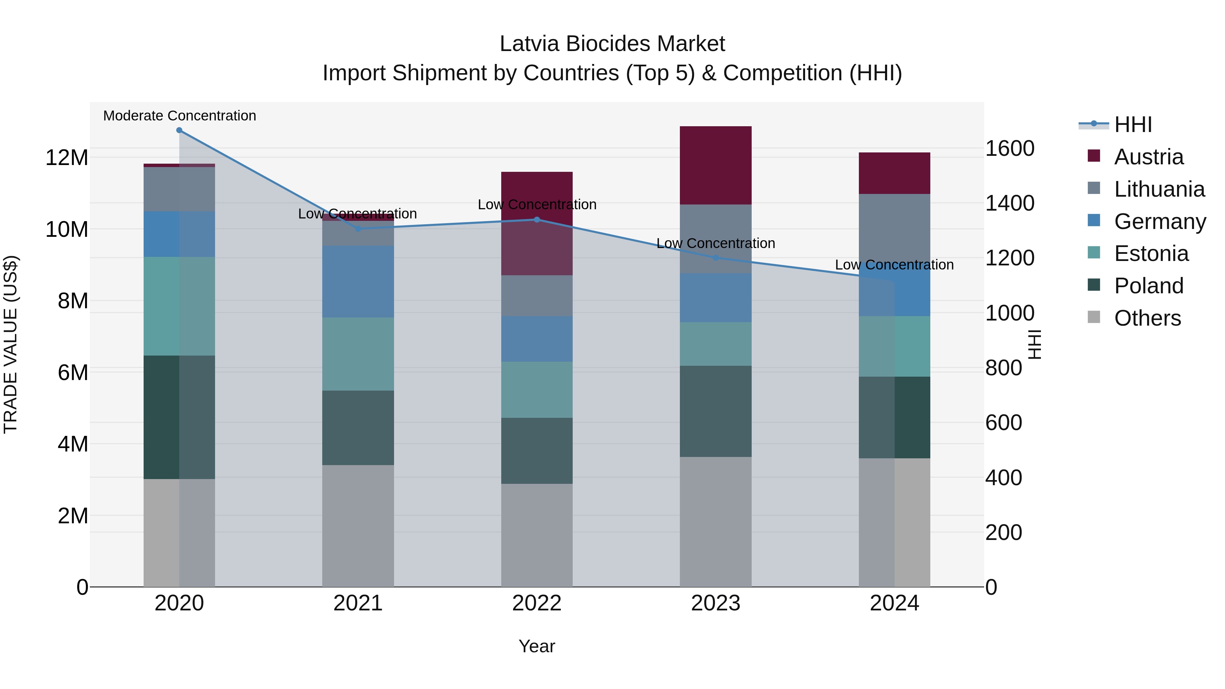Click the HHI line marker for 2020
coord(179,130)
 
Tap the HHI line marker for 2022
coord(537,220)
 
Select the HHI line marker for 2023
coord(716,258)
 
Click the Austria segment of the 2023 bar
coord(716,165)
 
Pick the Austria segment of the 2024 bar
coord(895,173)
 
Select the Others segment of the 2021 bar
coord(358,525)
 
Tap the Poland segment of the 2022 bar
coord(537,451)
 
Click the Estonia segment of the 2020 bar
coord(179,306)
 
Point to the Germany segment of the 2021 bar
coord(358,281)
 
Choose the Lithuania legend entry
coord(1159,189)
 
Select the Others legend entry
coord(1147,318)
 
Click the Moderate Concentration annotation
coord(180,116)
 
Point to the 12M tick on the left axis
coord(67,158)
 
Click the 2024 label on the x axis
coord(895,603)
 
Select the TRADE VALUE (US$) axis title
coord(11,344)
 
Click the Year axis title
coord(537,646)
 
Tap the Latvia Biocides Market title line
coord(612,44)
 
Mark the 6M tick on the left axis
coord(73,372)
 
